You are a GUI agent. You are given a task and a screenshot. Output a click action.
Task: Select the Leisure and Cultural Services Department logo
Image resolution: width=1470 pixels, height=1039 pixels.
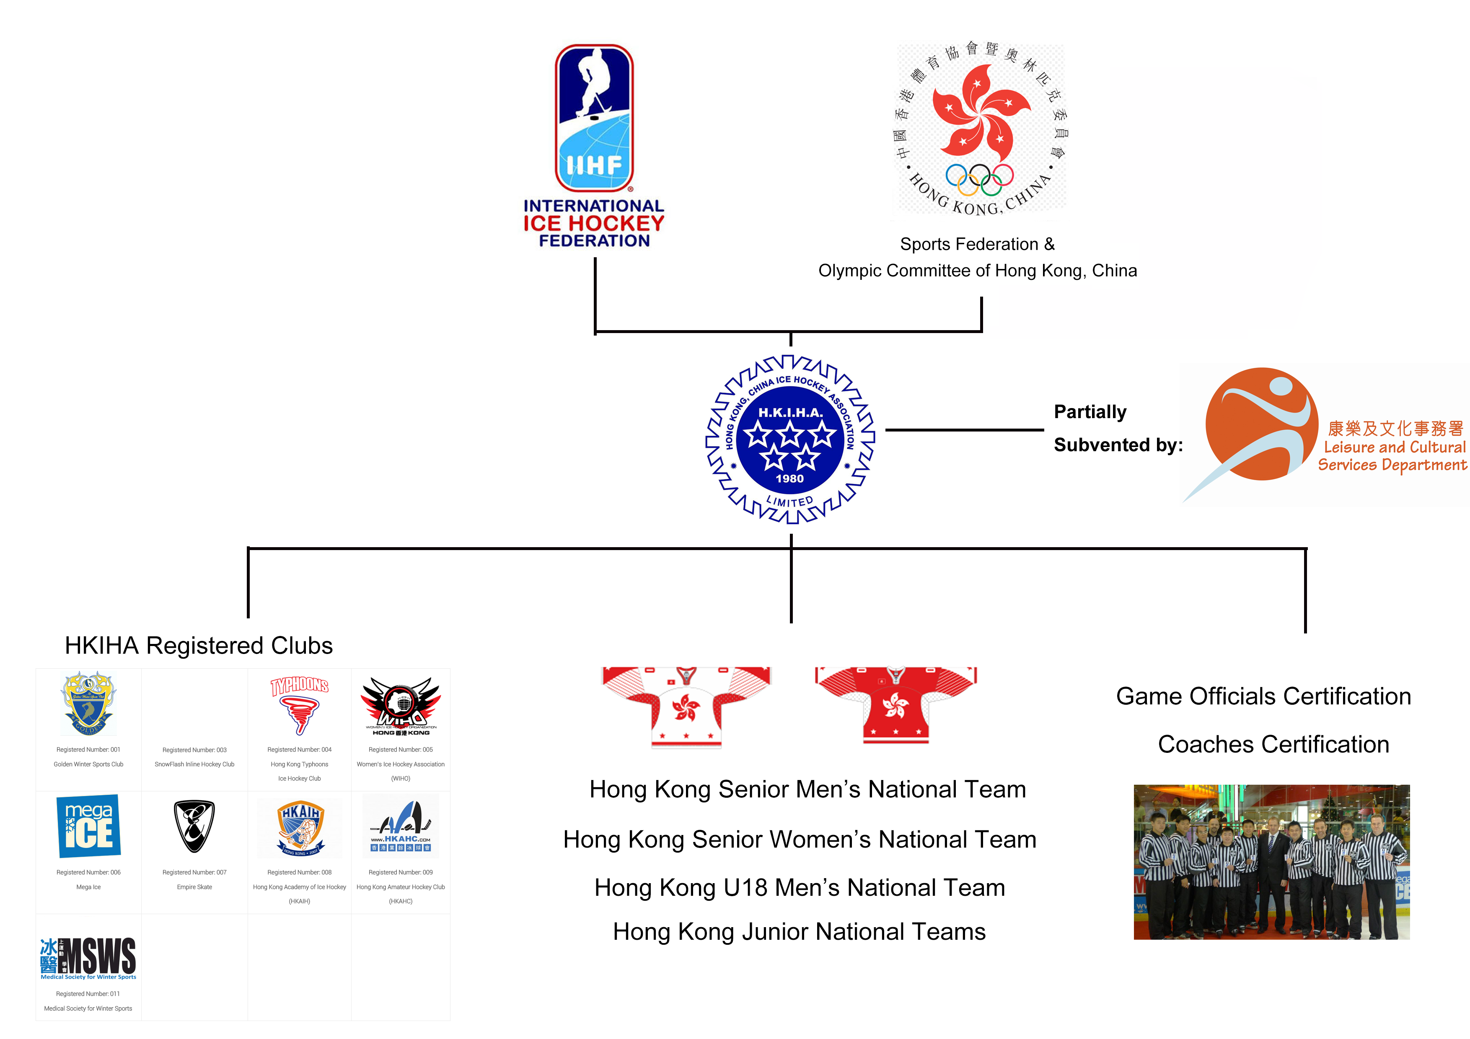(x=1325, y=435)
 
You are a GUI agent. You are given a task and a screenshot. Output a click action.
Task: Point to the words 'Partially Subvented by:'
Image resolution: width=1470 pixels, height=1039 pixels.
(x=1118, y=428)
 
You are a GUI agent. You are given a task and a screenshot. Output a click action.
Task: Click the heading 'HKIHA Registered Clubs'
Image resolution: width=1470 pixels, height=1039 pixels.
(x=199, y=646)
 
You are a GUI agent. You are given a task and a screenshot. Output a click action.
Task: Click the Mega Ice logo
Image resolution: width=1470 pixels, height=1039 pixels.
(x=89, y=826)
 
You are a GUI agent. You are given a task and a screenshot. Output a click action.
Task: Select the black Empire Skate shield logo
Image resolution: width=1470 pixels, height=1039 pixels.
(x=194, y=826)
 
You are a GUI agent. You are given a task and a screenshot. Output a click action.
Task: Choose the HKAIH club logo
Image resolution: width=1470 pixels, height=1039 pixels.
(x=300, y=827)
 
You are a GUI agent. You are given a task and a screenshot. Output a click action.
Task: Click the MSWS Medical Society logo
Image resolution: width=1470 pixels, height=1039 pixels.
(x=88, y=958)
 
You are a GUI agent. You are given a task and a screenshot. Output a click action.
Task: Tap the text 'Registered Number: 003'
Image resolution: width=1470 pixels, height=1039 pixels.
(x=194, y=750)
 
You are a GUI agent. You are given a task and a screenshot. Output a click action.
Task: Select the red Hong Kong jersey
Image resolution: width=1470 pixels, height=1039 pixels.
(x=895, y=705)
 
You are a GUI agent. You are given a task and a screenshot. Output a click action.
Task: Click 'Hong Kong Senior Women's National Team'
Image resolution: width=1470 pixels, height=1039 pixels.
(x=800, y=839)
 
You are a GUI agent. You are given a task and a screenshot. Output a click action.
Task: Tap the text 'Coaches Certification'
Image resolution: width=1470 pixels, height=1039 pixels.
(x=1273, y=744)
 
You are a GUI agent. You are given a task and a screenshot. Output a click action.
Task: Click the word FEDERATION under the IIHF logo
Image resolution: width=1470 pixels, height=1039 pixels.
(x=594, y=241)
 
